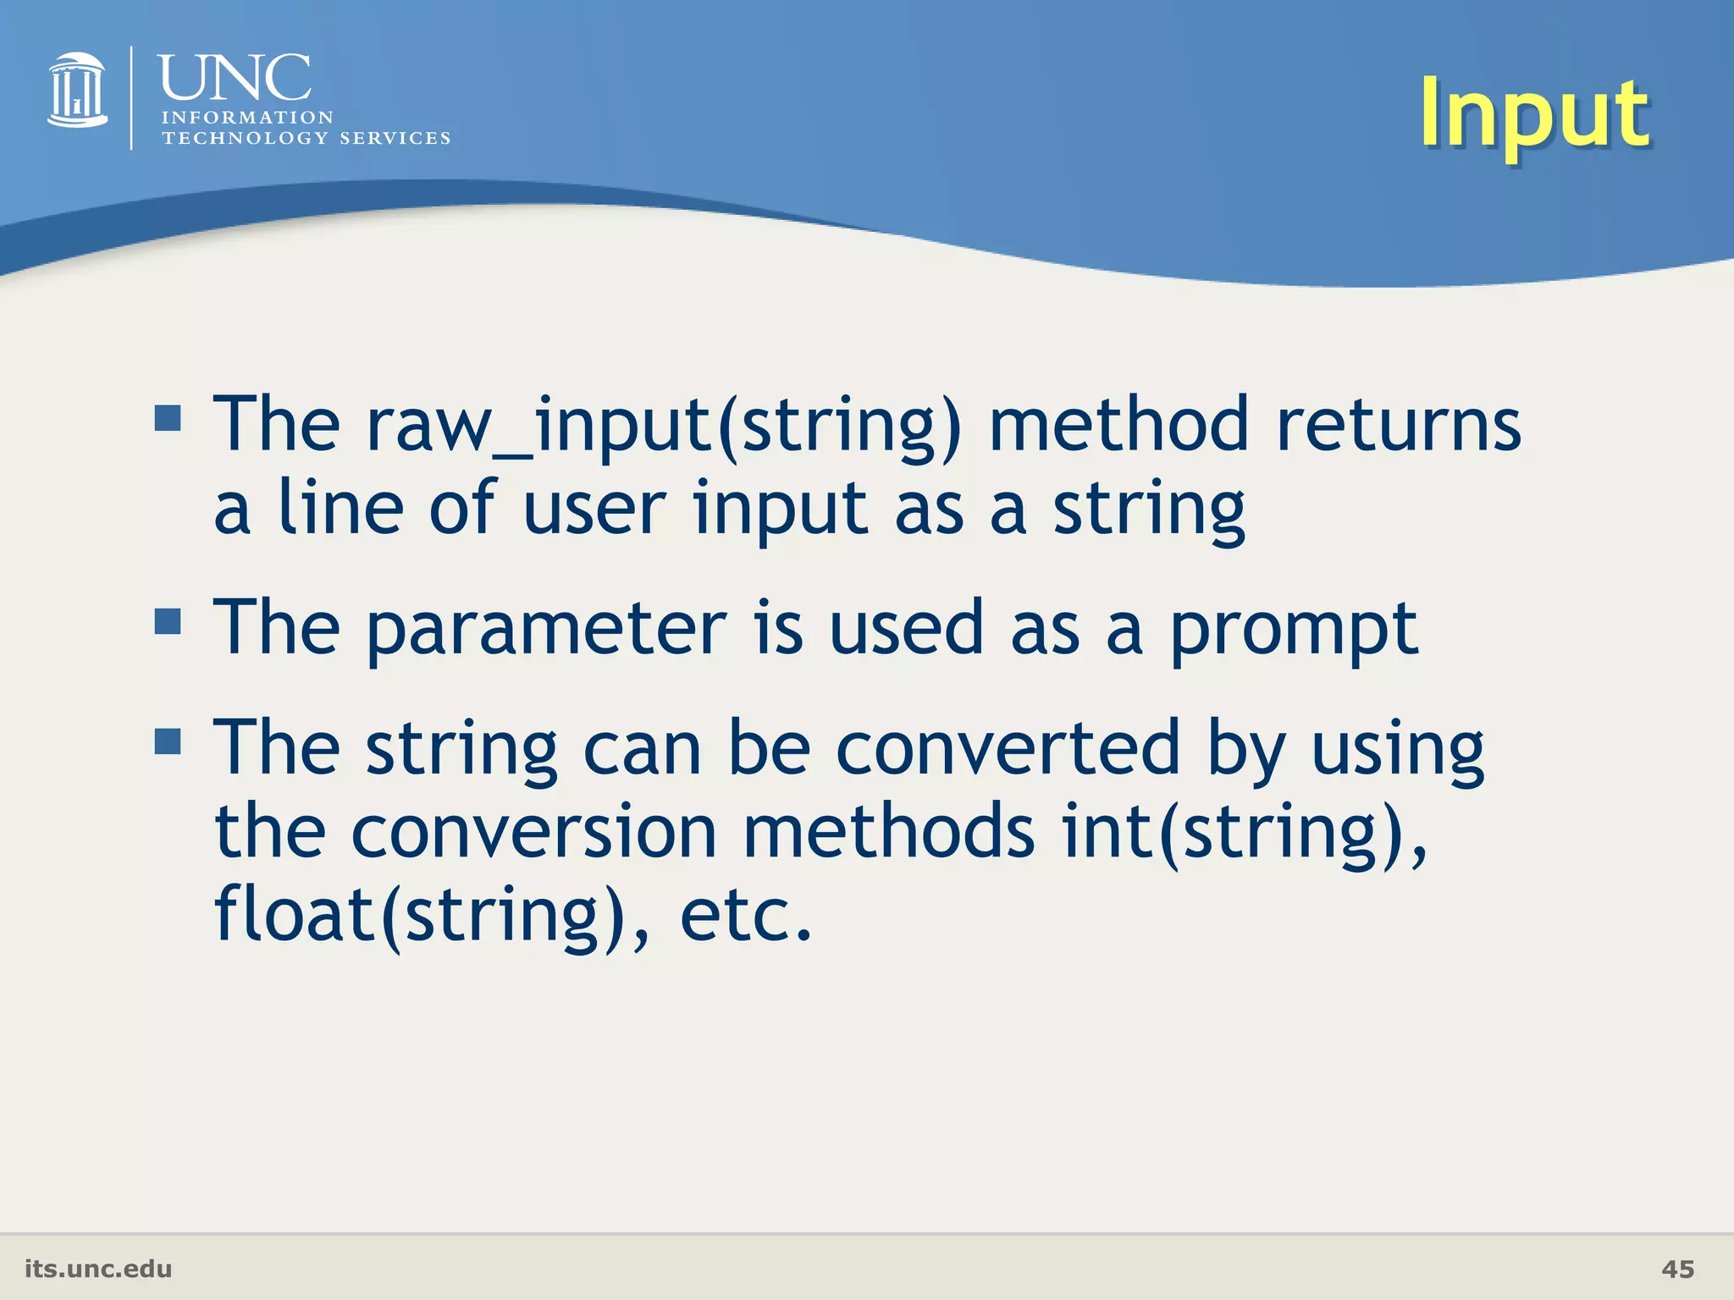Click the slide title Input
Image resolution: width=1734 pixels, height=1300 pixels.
(1533, 113)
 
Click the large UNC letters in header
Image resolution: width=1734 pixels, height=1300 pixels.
(235, 78)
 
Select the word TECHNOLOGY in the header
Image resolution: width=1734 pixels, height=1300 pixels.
(245, 138)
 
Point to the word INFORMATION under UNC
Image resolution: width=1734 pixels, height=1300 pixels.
(247, 118)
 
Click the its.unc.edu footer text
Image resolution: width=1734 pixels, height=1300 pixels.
(98, 1269)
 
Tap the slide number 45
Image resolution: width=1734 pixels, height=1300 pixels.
(1677, 1269)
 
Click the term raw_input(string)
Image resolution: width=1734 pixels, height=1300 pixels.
(664, 425)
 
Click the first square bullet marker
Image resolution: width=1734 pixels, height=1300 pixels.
(168, 417)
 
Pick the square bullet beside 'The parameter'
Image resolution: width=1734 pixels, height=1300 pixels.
(168, 621)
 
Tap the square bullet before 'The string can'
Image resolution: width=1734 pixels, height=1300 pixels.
(168, 741)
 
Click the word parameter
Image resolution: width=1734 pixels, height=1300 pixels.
(546, 630)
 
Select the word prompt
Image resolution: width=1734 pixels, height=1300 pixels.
(1293, 630)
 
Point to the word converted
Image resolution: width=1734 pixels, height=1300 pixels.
(1008, 748)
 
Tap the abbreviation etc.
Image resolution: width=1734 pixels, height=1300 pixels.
(745, 916)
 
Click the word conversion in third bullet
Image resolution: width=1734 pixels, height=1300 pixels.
(533, 833)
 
